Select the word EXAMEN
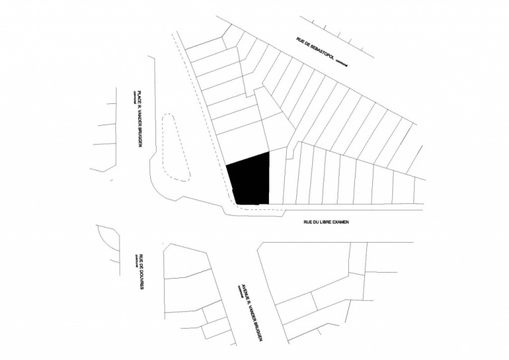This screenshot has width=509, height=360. tap(340, 222)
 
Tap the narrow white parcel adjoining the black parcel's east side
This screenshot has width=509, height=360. tap(276, 177)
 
